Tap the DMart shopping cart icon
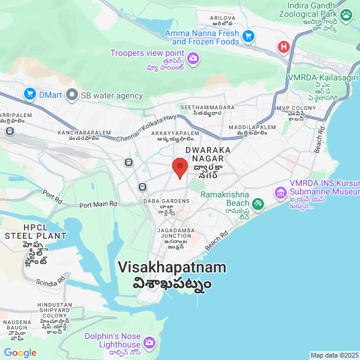pos(29,94)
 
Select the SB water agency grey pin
pos(73,95)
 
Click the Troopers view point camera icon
pos(193,58)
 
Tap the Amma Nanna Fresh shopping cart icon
pos(248,37)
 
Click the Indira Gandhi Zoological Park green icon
pos(346,14)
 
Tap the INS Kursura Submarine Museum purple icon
pos(280,193)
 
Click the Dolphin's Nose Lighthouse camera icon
pos(149,343)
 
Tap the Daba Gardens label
pos(166,201)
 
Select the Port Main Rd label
pos(98,204)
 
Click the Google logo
pos(20,353)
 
